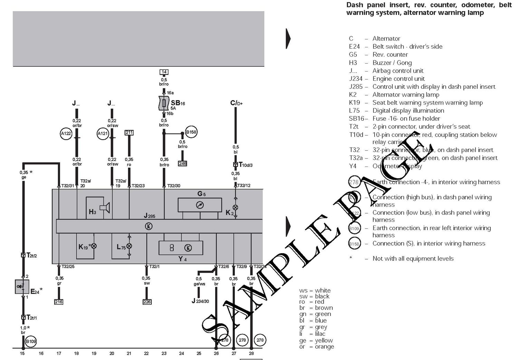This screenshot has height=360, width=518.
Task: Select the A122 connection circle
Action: (66, 134)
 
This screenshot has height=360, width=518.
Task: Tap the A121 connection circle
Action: (103, 134)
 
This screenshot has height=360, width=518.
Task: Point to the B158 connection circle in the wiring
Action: (191, 132)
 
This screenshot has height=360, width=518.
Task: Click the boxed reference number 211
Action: (129, 133)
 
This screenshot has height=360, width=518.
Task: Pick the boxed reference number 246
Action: (182, 163)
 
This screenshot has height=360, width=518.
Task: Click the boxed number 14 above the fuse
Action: (164, 72)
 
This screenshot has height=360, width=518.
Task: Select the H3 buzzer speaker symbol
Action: (104, 207)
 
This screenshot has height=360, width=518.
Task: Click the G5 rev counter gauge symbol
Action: (200, 205)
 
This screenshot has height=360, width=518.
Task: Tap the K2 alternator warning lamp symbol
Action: (236, 207)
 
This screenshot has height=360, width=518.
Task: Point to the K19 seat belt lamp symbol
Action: (93, 246)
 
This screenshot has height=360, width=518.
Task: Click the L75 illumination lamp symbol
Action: (129, 246)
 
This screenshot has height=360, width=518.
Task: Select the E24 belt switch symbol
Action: (22, 287)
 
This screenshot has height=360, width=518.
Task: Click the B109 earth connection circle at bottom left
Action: (31, 342)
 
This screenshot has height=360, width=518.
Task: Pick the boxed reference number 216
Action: (59, 302)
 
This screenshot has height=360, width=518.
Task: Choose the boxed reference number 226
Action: (147, 302)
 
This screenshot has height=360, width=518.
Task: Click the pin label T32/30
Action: (174, 186)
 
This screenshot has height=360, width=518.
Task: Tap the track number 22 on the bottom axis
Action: (146, 353)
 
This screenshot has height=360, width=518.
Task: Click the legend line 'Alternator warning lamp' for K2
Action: (406, 95)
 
